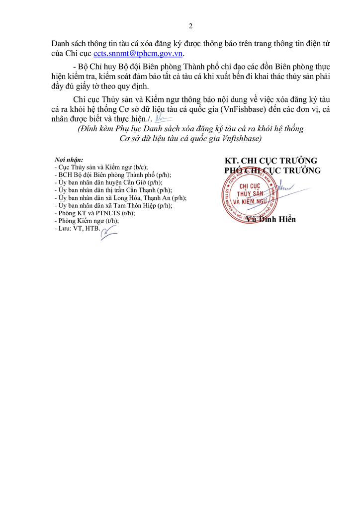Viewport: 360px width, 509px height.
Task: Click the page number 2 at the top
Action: point(190,26)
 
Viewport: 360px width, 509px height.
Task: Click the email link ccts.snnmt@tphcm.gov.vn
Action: point(138,53)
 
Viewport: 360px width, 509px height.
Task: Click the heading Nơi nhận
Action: point(69,160)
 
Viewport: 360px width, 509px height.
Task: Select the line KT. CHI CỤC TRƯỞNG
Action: point(270,161)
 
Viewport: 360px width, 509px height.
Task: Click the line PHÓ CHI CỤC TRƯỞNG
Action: point(272,170)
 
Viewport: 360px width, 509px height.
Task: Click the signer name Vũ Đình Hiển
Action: point(270,219)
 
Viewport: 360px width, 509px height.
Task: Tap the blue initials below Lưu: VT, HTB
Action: point(108,233)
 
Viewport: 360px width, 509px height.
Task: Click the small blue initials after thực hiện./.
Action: point(163,117)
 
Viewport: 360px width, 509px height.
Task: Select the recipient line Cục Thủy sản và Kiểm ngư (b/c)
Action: point(101,167)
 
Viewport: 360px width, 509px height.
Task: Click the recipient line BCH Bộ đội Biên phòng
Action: point(113,175)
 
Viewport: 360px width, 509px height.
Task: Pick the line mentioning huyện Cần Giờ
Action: point(108,182)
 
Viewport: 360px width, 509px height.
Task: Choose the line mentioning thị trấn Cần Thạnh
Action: point(113,190)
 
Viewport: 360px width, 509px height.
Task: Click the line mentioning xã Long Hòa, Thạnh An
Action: point(120,198)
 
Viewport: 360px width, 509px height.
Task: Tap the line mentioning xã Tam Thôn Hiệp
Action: point(113,205)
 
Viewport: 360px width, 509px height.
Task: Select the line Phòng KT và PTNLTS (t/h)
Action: point(95,213)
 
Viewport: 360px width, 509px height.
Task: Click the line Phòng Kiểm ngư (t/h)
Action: point(87,221)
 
